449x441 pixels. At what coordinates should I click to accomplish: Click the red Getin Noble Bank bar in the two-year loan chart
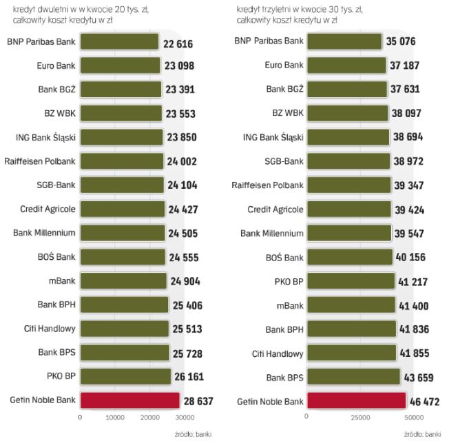pos(129,400)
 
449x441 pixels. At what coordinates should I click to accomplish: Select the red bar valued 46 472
pos(356,400)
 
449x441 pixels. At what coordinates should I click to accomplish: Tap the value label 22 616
pos(178,44)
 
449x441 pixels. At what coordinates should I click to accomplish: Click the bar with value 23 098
pos(121,65)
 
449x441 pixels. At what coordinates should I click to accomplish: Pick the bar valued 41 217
pos(350,281)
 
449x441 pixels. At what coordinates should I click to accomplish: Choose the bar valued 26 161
pos(125,376)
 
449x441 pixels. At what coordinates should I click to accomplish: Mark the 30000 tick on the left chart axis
pos(182,417)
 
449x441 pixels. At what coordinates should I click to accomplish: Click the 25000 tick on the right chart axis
pos(359,417)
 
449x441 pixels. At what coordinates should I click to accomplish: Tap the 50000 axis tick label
pos(413,417)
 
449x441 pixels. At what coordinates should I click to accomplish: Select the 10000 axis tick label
pos(114,417)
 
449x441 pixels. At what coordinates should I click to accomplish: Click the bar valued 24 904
pos(123,280)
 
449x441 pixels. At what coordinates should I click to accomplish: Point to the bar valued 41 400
pos(351,305)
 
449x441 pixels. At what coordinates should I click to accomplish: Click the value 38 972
pos(410,161)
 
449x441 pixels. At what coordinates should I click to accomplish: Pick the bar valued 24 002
pos(122,161)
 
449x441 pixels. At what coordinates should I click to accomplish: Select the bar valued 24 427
pos(123,209)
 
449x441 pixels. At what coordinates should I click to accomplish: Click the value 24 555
pos(185,258)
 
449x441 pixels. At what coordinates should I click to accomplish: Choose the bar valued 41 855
pos(351,353)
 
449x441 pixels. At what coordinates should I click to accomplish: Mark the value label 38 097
pos(408,113)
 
